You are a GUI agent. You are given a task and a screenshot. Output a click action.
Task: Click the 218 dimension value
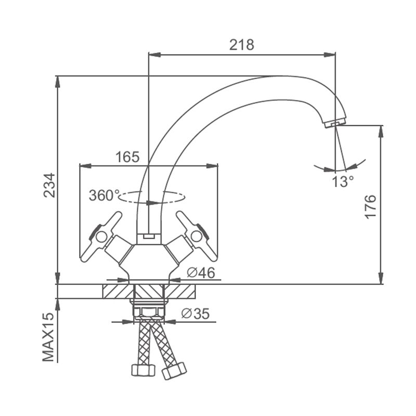point(241,45)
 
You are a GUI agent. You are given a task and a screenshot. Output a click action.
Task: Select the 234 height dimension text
point(49,185)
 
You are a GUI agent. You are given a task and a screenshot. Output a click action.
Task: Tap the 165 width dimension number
point(127,157)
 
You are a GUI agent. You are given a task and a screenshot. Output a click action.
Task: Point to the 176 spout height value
point(370,207)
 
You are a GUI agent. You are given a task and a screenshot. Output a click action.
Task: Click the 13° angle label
point(343,181)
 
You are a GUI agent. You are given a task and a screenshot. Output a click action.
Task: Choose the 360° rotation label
point(104,196)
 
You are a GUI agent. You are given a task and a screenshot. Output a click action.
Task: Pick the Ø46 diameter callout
point(201,272)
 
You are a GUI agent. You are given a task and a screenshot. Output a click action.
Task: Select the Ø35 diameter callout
point(196,314)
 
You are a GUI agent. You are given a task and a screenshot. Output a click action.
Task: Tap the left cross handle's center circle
point(101,237)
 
